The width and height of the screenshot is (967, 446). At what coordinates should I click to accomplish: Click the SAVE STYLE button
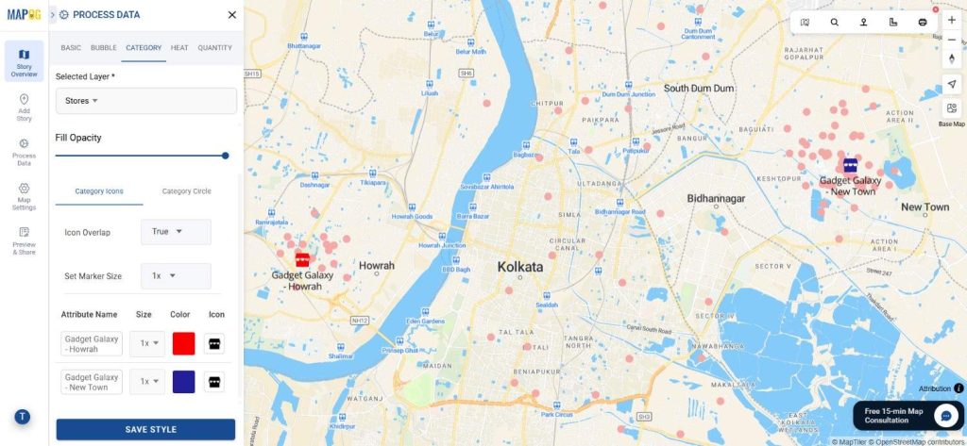145,429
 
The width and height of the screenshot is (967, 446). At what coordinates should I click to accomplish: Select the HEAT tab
179,47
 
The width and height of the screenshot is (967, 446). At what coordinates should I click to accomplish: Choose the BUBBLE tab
104,47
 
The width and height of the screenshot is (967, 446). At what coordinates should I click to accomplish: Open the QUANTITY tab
215,47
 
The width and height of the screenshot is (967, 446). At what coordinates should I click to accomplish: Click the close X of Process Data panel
232,15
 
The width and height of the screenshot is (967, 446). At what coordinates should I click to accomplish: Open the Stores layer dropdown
145,101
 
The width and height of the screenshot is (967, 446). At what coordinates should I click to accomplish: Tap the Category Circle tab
187,191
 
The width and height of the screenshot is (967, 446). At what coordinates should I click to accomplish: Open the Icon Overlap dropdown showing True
176,232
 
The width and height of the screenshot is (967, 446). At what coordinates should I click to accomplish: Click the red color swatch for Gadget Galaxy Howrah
184,343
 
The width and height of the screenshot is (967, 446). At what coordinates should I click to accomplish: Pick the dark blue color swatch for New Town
184,382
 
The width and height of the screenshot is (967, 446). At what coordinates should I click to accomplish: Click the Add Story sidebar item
24,107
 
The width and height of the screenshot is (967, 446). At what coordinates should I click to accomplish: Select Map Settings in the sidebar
24,195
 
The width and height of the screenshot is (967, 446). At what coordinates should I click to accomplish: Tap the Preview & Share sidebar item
24,240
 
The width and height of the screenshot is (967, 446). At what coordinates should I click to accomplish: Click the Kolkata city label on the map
520,267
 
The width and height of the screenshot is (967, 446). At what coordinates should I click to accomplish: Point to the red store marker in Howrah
302,258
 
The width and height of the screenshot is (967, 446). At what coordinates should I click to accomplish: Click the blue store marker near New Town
850,164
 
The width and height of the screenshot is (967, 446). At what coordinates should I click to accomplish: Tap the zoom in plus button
951,20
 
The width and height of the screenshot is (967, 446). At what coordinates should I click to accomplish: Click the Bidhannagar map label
716,198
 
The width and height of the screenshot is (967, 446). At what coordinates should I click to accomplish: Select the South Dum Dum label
699,88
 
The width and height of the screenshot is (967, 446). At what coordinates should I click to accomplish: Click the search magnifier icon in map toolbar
834,22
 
